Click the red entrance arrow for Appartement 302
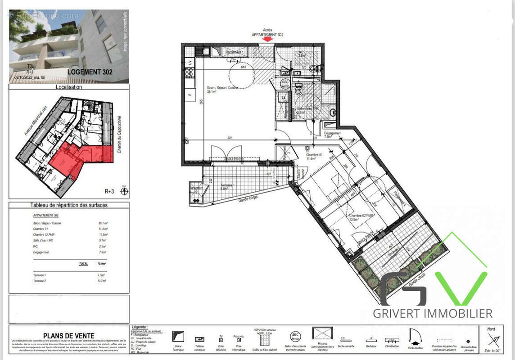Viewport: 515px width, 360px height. [x=267, y=39]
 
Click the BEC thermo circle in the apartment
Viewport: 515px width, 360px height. [x=285, y=84]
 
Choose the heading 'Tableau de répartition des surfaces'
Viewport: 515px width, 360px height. [x=69, y=205]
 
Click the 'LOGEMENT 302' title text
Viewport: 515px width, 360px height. [x=90, y=72]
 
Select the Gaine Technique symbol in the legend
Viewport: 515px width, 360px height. [x=179, y=336]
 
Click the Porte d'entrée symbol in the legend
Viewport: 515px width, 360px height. [x=414, y=336]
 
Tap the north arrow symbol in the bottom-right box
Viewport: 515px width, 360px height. [x=493, y=340]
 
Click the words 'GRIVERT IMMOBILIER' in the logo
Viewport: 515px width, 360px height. [x=432, y=313]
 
